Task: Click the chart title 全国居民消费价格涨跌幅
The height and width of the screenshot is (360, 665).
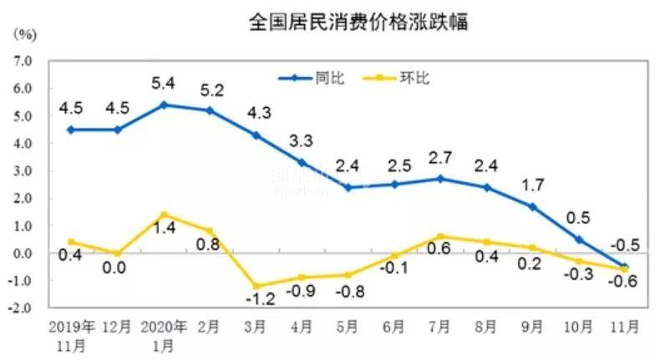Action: click(x=358, y=23)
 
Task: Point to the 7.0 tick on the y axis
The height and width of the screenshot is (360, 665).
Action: click(x=21, y=61)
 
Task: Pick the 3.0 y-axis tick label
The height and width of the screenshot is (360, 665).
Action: click(x=21, y=171)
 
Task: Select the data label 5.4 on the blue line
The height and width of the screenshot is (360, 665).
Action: click(x=164, y=84)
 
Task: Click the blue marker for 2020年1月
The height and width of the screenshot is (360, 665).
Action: click(x=164, y=104)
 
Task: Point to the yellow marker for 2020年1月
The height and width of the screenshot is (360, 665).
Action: click(x=164, y=215)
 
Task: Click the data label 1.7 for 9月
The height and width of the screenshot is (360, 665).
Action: click(x=530, y=185)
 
